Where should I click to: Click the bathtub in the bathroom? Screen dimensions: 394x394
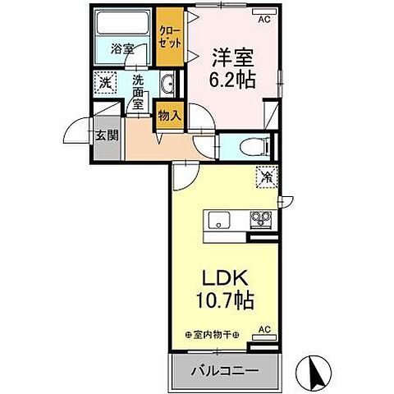click(x=123, y=25)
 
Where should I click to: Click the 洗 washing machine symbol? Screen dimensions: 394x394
click(x=104, y=82)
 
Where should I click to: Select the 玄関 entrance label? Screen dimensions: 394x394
click(x=104, y=135)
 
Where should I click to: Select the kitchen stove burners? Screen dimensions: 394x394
click(x=262, y=220)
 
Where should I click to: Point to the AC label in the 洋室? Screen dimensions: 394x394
click(x=264, y=18)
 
